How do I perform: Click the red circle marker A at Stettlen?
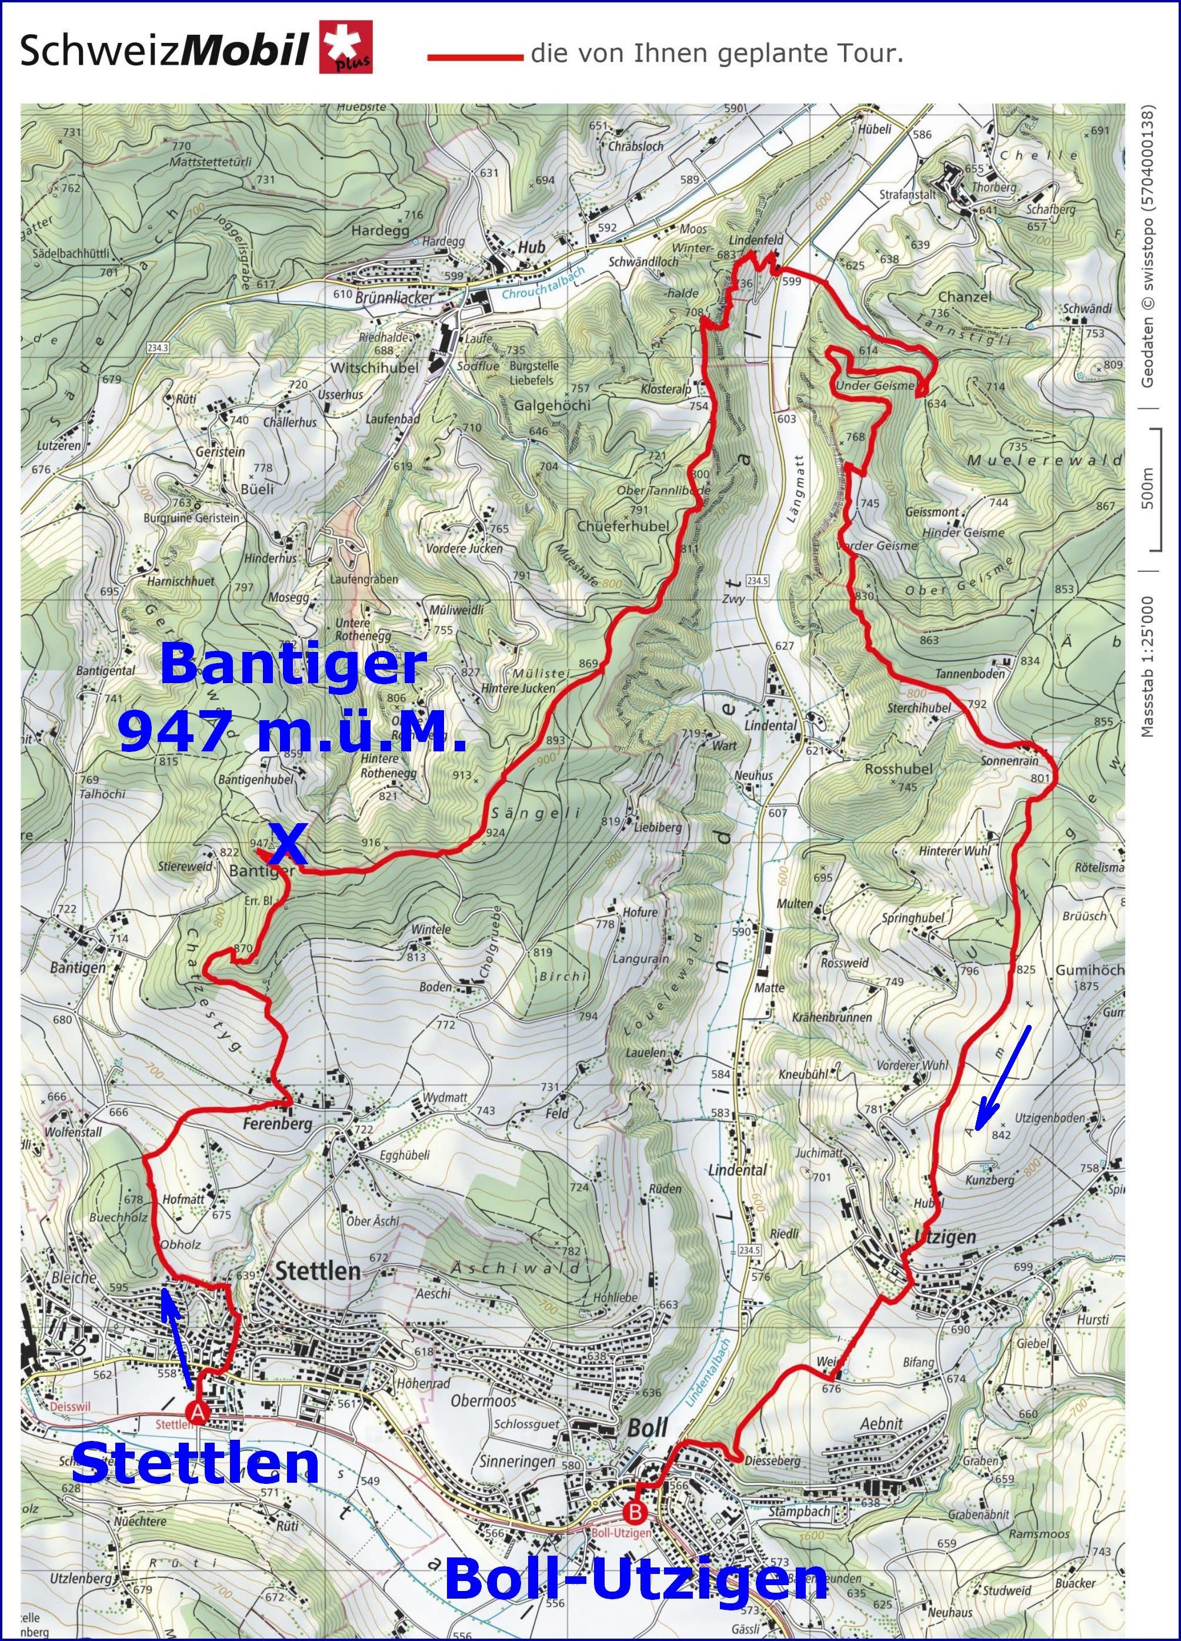(196, 1411)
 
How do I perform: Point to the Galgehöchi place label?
(552, 405)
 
